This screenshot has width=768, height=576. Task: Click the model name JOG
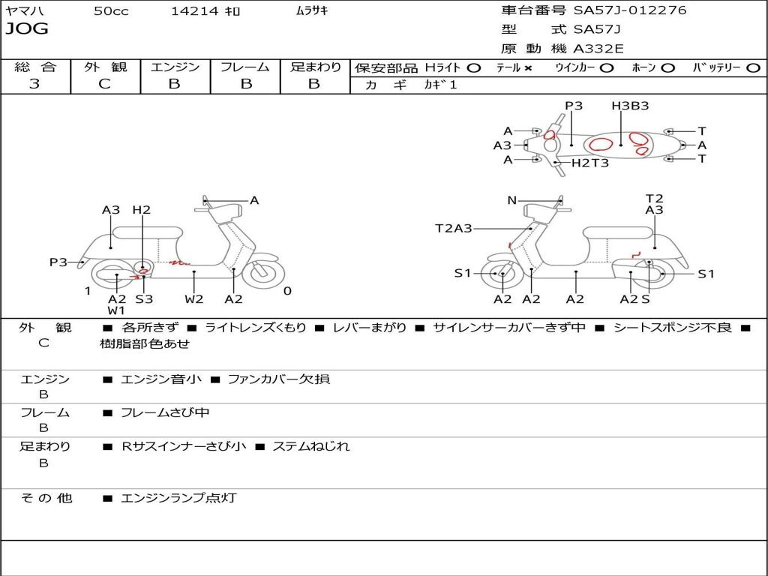(27, 29)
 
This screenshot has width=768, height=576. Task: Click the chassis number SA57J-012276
(630, 10)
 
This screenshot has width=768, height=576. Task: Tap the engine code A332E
(598, 49)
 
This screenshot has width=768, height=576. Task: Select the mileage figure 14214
(194, 11)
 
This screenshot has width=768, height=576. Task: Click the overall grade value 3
(34, 84)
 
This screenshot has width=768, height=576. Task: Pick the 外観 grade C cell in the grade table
(104, 84)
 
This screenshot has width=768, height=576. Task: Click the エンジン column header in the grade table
(175, 67)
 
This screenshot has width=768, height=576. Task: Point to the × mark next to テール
(528, 68)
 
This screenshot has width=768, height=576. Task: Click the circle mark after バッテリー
(753, 68)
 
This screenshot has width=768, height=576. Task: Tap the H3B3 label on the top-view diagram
(630, 106)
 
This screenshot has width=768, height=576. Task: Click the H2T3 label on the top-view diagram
(590, 163)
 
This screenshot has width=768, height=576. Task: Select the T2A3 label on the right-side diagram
(454, 228)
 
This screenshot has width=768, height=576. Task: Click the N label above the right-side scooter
(512, 200)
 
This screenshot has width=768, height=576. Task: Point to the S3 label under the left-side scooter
(144, 299)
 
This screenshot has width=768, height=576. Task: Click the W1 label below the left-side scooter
(116, 310)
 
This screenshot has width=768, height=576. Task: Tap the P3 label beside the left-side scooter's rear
(58, 262)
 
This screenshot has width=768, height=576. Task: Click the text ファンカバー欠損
(278, 379)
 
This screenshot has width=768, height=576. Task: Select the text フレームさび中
(165, 412)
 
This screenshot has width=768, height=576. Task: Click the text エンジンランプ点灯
(178, 497)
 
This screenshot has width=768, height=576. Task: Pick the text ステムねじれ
(310, 446)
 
